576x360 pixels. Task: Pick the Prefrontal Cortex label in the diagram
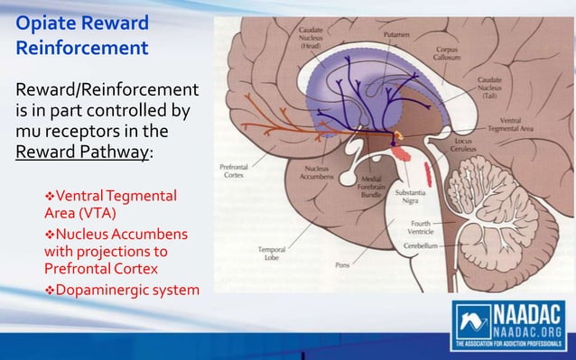click(237, 171)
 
